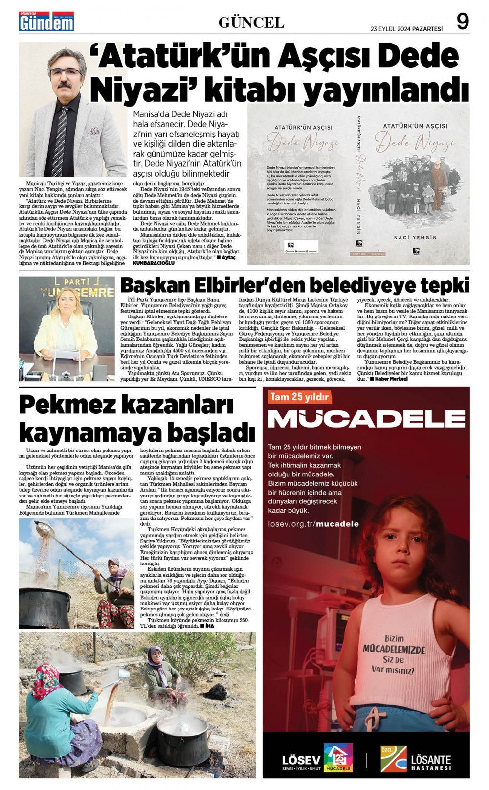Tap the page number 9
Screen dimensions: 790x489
click(462, 22)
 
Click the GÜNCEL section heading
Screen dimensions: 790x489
click(251, 23)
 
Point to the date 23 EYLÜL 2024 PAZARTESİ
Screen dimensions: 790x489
click(406, 29)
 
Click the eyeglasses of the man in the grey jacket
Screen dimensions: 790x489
click(66, 72)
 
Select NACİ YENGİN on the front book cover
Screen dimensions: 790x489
click(415, 237)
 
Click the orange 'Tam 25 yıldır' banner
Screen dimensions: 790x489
click(299, 397)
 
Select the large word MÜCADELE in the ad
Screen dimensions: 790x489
click(366, 419)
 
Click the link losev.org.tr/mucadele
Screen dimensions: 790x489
click(313, 524)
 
